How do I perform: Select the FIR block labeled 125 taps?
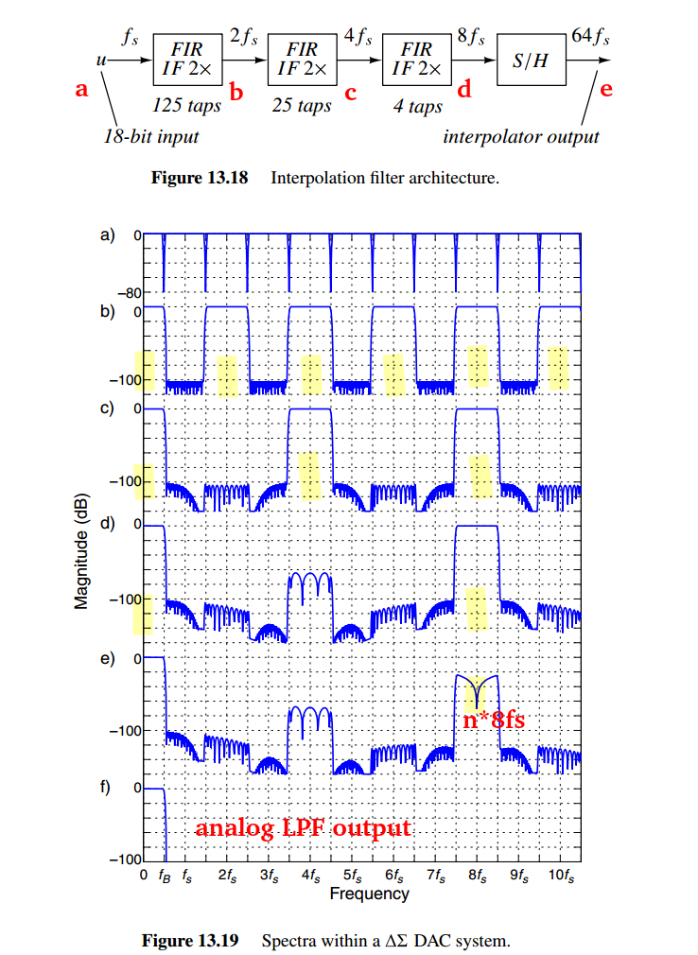(188, 59)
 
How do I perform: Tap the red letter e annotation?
(606, 90)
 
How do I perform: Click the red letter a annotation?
(81, 90)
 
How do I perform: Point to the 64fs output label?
(590, 38)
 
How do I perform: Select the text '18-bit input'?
(151, 136)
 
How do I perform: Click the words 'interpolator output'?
(521, 136)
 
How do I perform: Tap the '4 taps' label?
(418, 106)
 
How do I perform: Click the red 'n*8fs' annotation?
(494, 720)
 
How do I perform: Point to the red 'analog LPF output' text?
(304, 828)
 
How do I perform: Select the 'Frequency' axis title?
(369, 894)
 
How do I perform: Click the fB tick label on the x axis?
(165, 876)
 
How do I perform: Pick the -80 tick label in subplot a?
(128, 293)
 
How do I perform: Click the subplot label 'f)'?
(106, 788)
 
